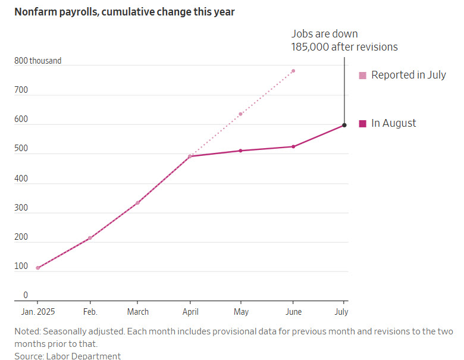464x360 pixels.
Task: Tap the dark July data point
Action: [344, 125]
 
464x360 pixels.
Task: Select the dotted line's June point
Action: [293, 71]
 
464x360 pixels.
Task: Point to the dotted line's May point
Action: [241, 114]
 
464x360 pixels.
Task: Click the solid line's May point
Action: [241, 151]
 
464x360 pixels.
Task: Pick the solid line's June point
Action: [293, 146]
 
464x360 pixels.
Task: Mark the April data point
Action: [190, 156]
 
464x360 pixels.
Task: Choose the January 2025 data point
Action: [37, 268]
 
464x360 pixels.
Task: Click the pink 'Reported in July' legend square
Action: [362, 76]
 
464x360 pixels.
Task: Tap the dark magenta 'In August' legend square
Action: [362, 124]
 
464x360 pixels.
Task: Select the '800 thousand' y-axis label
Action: [38, 61]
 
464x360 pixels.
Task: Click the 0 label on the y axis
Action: [26, 295]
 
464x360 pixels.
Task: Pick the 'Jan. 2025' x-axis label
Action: [37, 312]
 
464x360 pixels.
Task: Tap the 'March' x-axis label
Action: [137, 312]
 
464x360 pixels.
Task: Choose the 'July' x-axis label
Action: [341, 312]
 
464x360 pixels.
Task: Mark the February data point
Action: [90, 238]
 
